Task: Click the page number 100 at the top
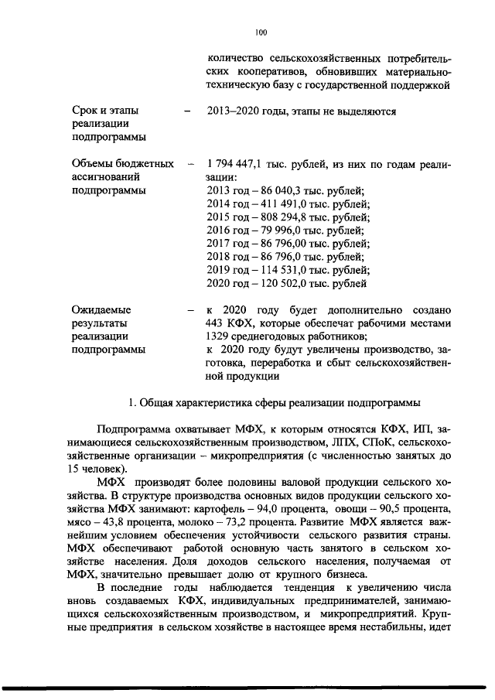tap(260, 32)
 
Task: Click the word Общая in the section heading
tap(162, 402)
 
